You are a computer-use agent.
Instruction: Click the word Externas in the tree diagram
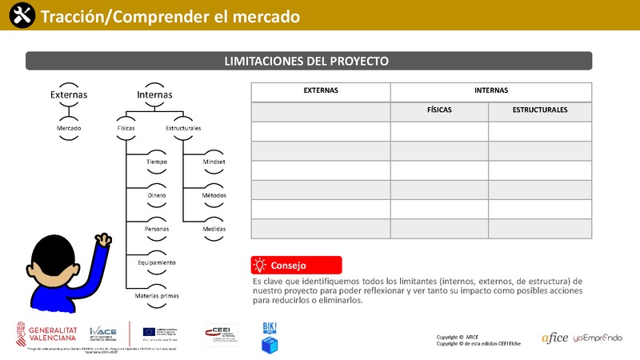point(69,94)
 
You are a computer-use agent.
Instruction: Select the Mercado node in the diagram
point(69,128)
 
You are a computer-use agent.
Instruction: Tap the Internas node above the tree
point(154,94)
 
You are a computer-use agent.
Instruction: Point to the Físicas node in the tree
point(126,128)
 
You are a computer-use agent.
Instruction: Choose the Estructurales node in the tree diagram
point(183,128)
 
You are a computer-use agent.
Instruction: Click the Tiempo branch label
point(157,162)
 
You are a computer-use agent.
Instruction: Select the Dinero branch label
point(157,195)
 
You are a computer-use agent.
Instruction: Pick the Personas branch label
point(157,229)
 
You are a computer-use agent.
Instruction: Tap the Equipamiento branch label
point(157,262)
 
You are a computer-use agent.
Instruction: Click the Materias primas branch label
point(157,296)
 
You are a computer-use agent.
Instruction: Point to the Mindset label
point(214,162)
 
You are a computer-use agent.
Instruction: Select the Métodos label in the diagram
point(214,195)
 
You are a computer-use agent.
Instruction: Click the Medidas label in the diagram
point(214,229)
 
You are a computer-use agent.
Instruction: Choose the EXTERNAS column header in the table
point(321,90)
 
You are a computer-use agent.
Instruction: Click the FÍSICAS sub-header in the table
point(439,110)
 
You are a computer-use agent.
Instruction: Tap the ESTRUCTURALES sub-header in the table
point(540,110)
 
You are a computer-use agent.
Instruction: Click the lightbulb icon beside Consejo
point(259,265)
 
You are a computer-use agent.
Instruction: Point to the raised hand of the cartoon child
point(102,239)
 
